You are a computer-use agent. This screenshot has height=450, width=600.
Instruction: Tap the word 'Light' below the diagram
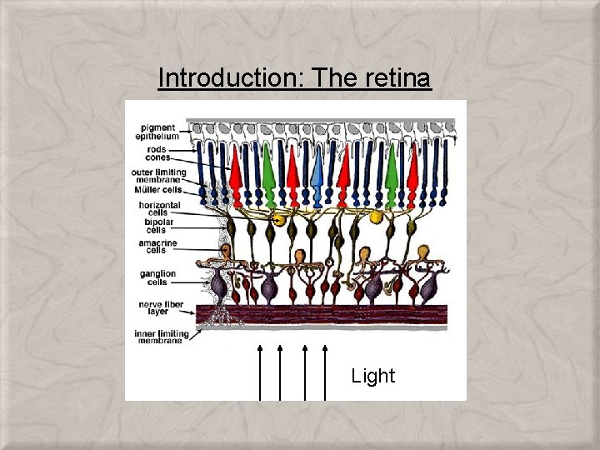(372, 376)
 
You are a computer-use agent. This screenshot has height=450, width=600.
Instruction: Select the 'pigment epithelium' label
(157, 132)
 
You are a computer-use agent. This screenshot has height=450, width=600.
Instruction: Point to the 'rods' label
(154, 150)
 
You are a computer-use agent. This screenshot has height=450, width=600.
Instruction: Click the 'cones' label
(157, 157)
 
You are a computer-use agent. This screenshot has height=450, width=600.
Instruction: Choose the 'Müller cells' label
(159, 190)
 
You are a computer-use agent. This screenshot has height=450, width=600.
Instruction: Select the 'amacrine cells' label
(153, 245)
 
